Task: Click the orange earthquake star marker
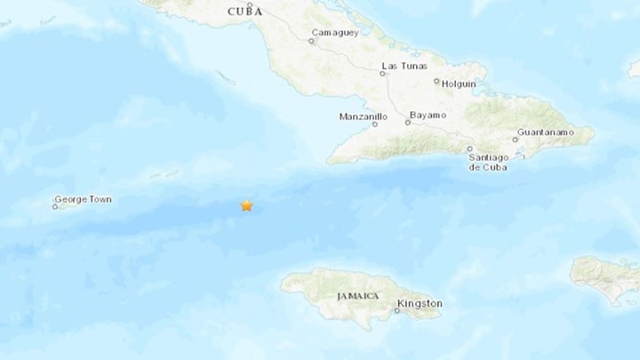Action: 246,205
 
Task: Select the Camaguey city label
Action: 332,34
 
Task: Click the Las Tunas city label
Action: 403,66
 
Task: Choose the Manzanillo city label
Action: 363,116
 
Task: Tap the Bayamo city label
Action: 427,116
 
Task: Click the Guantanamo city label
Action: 544,132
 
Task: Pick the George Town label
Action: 83,200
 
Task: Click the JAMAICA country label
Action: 358,294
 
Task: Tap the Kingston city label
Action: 420,303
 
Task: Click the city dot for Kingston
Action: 397,310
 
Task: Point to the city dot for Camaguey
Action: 311,40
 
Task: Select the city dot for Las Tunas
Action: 382,74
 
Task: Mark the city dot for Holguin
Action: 436,82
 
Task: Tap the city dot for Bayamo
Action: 407,123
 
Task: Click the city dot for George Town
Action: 55,207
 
